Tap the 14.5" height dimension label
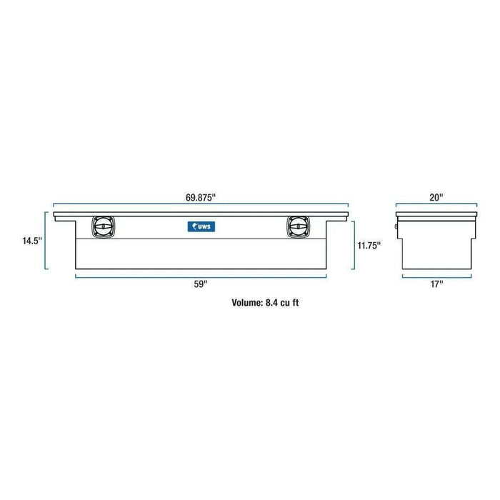32,241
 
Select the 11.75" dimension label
369,245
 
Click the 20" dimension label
437,196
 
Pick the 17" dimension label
436,284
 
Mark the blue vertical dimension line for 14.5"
46,241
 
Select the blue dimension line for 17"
436,274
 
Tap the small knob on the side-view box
398,229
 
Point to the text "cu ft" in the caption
299,302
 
